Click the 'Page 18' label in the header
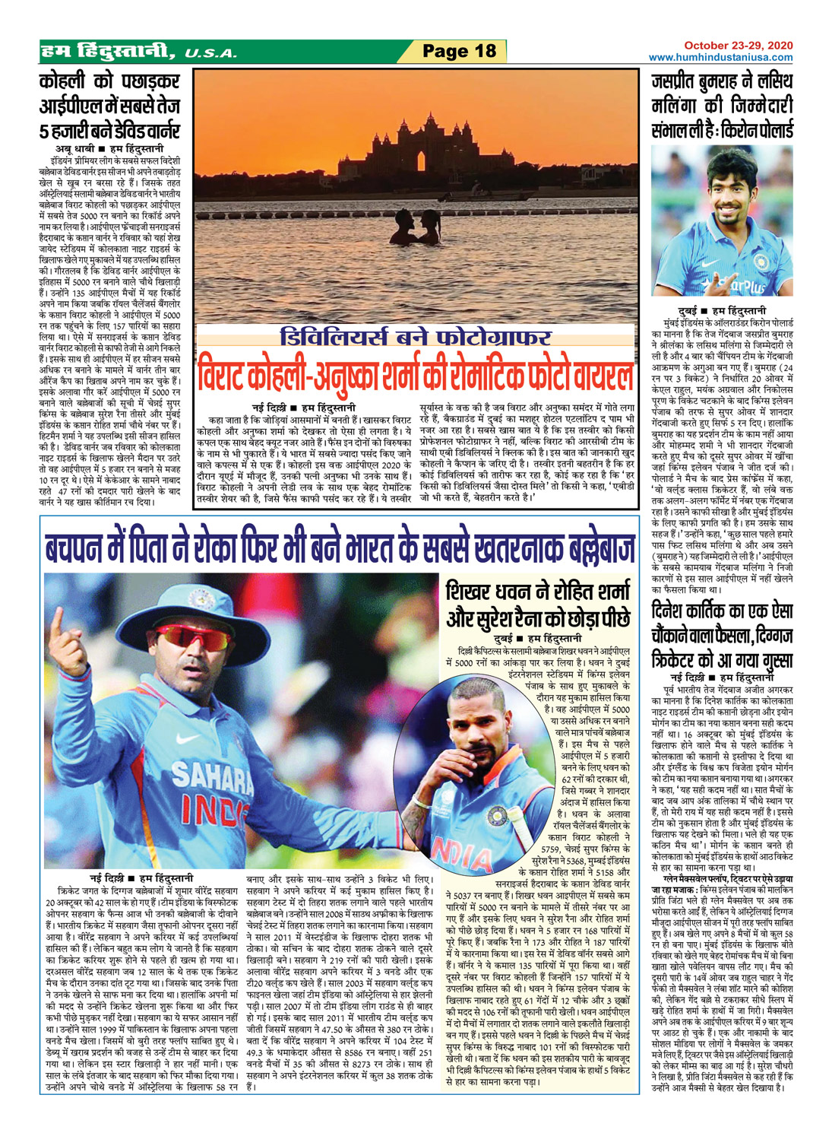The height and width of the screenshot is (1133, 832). pyautogui.click(x=459, y=51)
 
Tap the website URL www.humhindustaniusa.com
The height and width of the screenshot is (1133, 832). pyautogui.click(x=720, y=58)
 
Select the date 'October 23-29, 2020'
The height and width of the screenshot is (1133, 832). pyautogui.click(x=738, y=46)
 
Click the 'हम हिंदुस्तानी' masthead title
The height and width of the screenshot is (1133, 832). pyautogui.click(x=106, y=52)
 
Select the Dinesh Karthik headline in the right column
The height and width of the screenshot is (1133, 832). pyautogui.click(x=722, y=634)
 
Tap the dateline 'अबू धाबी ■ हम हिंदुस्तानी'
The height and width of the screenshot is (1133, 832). pyautogui.click(x=109, y=148)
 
